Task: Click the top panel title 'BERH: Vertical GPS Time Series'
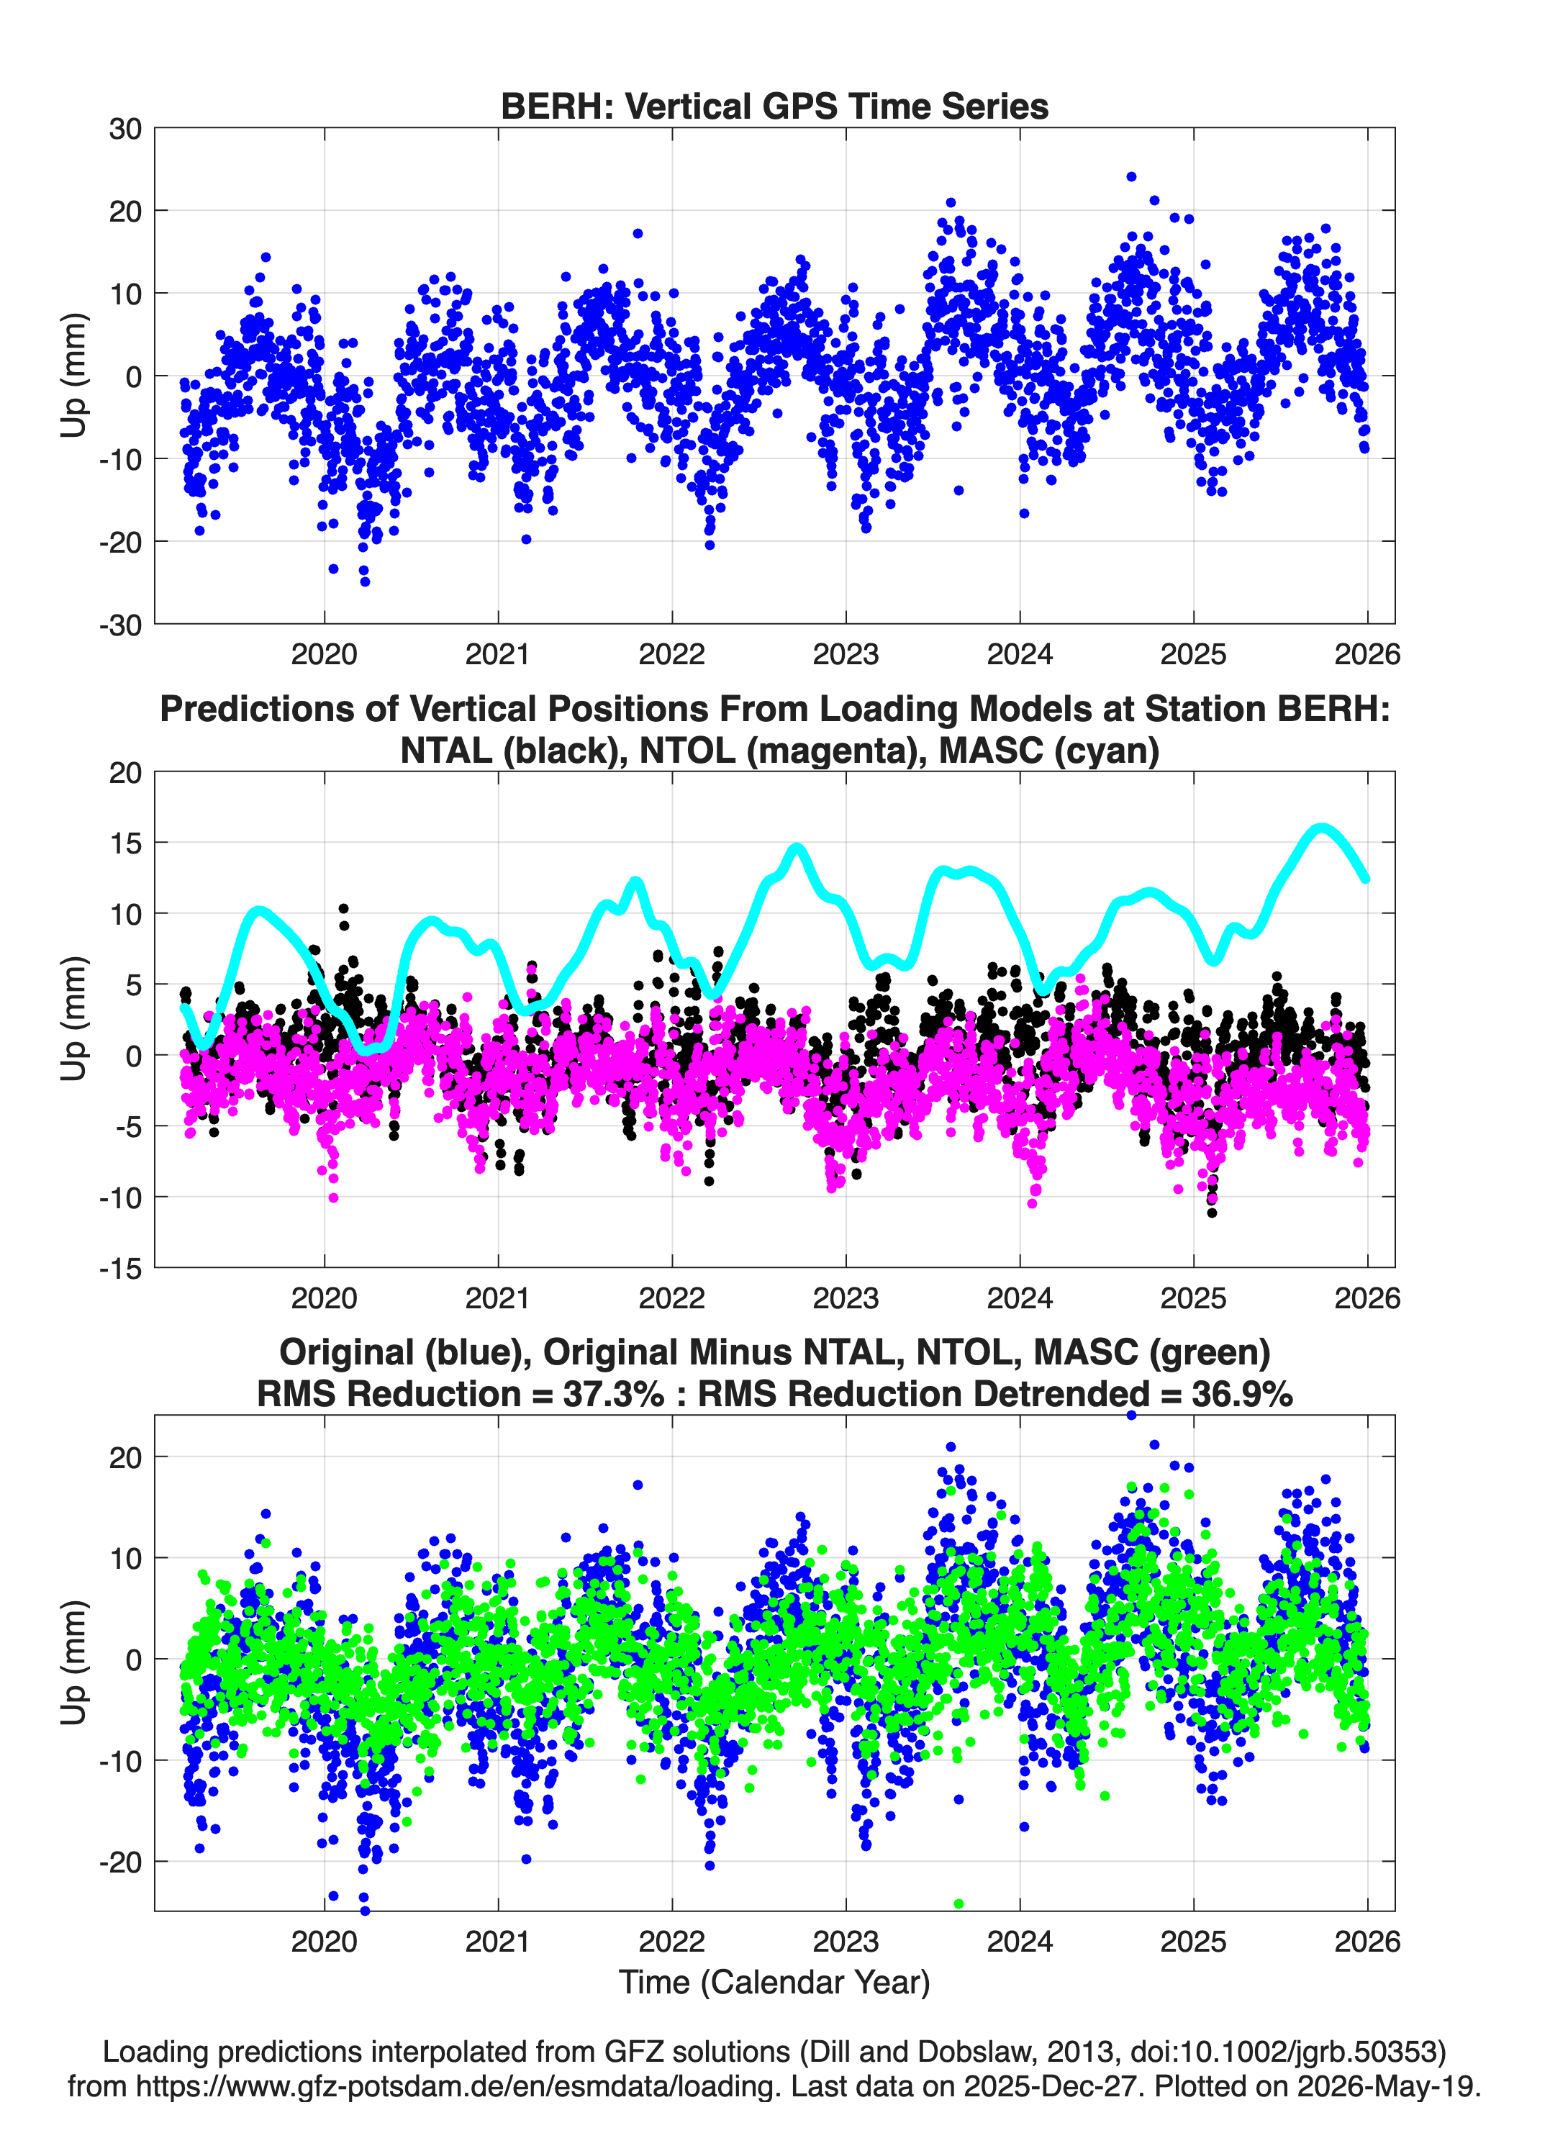(774, 106)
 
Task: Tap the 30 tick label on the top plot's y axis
(125, 129)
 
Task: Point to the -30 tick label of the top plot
(120, 625)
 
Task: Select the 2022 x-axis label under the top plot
(672, 654)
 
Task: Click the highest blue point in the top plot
(1130, 177)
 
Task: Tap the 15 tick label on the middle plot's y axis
(125, 842)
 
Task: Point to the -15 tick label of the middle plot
(120, 1268)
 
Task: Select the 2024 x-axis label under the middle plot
(1020, 1298)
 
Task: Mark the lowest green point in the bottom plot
(958, 1903)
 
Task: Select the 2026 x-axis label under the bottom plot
(1367, 1942)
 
